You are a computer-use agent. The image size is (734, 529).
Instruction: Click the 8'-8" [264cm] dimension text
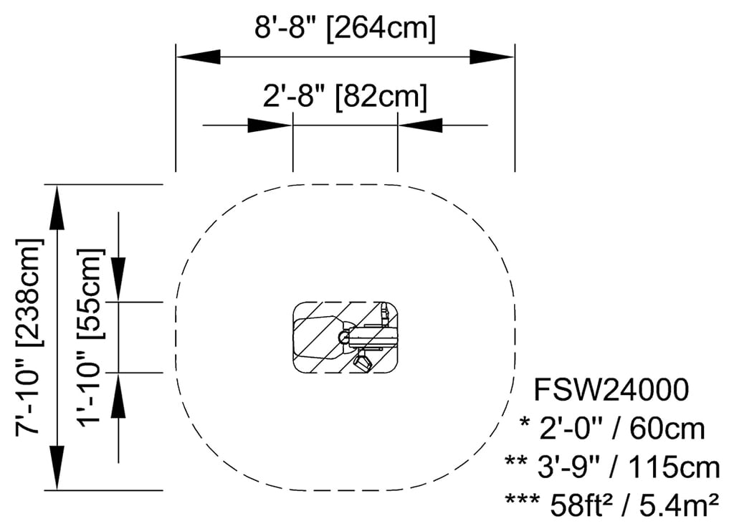[345, 29]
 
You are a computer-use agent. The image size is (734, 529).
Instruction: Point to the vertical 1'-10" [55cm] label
[91, 337]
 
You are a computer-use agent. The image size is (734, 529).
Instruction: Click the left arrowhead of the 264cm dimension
[198, 57]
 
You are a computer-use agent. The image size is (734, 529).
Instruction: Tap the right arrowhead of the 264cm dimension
[492, 57]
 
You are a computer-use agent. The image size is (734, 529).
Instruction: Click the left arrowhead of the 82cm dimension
[270, 125]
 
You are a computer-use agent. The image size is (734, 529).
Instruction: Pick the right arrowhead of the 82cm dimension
[420, 125]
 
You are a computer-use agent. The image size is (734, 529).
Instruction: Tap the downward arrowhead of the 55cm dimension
[119, 280]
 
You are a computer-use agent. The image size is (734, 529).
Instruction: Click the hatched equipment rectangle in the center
[345, 338]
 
